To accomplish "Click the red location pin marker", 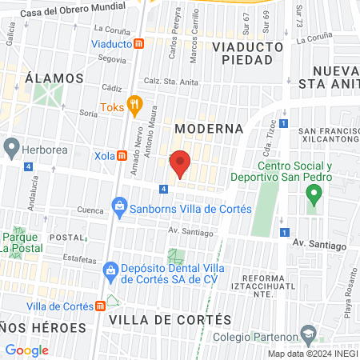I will [x=180, y=164].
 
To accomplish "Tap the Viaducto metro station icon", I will [x=139, y=44].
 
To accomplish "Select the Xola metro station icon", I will [x=122, y=156].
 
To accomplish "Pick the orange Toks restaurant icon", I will [x=134, y=103].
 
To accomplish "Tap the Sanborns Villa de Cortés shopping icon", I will [x=120, y=207].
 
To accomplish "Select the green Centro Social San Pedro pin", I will [x=314, y=194].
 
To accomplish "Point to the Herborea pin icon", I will [x=10, y=147].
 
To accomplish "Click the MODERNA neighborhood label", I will [x=209, y=128].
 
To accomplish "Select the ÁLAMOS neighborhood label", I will [x=54, y=78].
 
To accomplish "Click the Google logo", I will [x=26, y=350].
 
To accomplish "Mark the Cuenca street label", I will [x=90, y=211].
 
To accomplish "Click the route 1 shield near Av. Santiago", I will [x=284, y=233].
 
